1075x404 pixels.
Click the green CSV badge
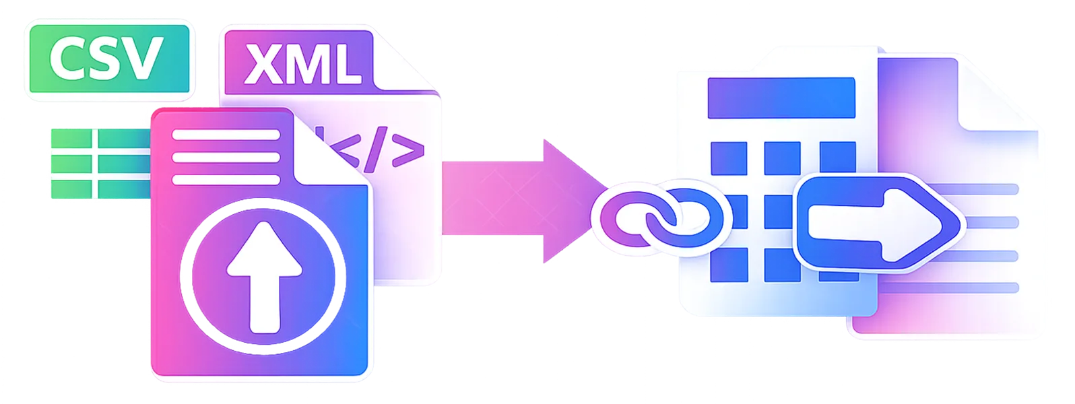click(x=109, y=59)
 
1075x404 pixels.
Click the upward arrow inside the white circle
click(x=264, y=277)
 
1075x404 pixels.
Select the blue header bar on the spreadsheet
click(x=781, y=98)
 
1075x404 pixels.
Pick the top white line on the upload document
click(x=226, y=135)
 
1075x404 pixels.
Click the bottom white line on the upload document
click(x=226, y=180)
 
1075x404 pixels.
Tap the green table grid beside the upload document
click(x=101, y=164)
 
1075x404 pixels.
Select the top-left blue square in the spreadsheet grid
click(x=729, y=158)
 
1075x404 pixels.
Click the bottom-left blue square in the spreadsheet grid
click(x=729, y=265)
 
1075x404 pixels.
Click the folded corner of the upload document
click(x=331, y=149)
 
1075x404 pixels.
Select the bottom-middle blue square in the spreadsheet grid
click(x=782, y=265)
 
